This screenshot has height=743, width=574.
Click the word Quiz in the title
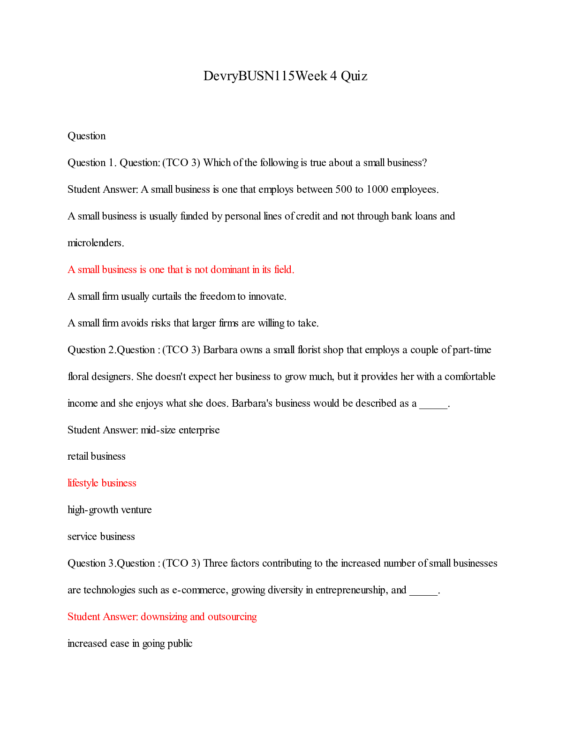(x=354, y=76)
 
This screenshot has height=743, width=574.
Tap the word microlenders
(x=96, y=243)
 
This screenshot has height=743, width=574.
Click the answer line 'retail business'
(x=97, y=456)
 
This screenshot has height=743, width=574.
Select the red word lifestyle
(x=83, y=483)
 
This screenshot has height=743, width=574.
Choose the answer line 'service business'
(x=101, y=537)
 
